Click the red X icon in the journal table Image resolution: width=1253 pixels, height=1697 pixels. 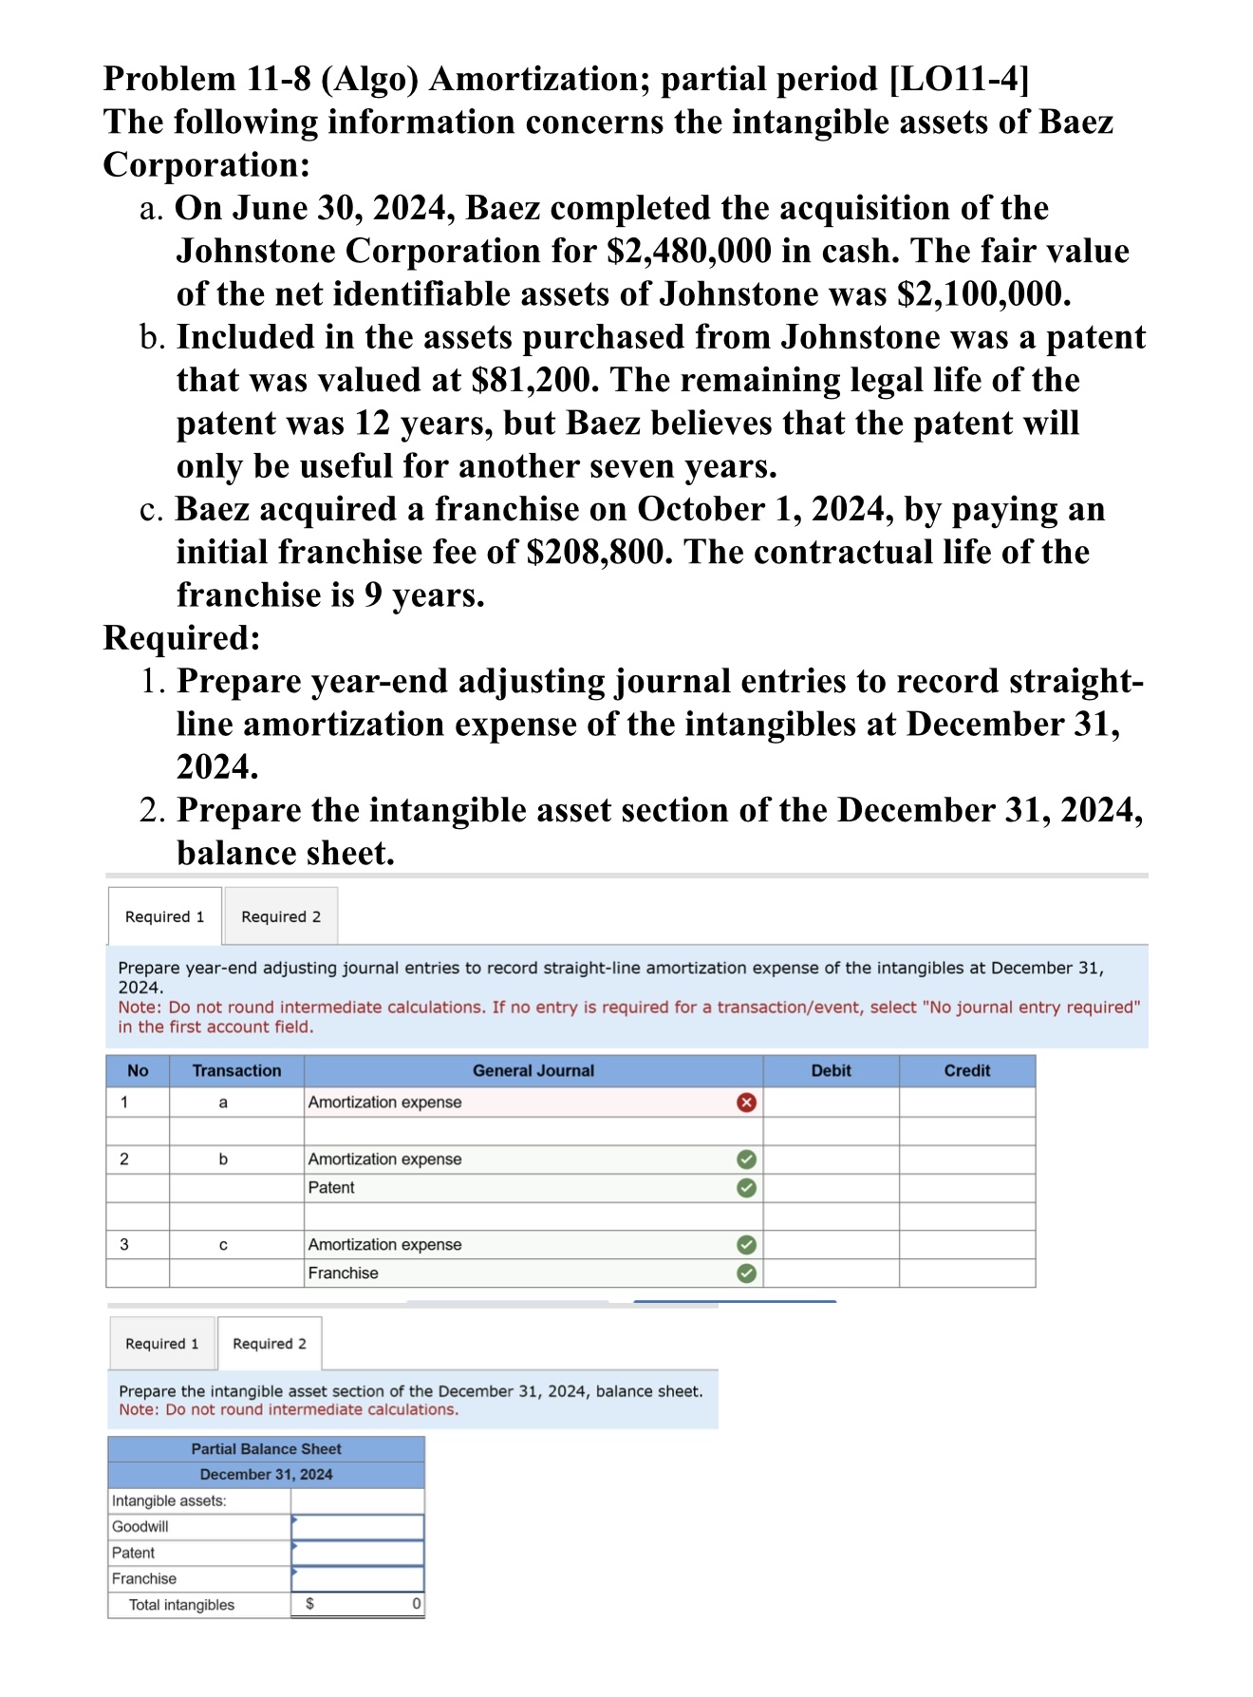click(747, 1103)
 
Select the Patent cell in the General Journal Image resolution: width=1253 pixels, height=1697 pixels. click(332, 1188)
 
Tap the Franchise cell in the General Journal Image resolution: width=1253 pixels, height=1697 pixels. click(344, 1273)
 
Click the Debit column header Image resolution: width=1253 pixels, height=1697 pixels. click(831, 1071)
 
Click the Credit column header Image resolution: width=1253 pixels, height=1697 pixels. click(966, 1071)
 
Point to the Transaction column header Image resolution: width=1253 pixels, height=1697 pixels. click(236, 1071)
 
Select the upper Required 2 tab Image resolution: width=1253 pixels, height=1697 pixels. click(281, 917)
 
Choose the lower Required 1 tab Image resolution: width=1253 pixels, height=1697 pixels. click(162, 1344)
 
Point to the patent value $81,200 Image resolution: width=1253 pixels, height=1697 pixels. click(534, 381)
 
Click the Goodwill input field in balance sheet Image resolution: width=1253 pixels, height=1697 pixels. click(358, 1527)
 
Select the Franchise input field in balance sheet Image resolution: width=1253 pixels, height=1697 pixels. click(358, 1579)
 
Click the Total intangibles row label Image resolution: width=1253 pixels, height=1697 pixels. click(181, 1605)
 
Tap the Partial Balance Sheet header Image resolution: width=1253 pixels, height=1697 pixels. click(266, 1449)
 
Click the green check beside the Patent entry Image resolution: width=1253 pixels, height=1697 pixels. click(747, 1188)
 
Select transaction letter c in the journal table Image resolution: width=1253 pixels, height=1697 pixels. click(223, 1245)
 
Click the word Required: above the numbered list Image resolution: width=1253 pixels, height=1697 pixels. click(181, 638)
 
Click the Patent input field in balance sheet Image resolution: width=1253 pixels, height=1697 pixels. click(358, 1554)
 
